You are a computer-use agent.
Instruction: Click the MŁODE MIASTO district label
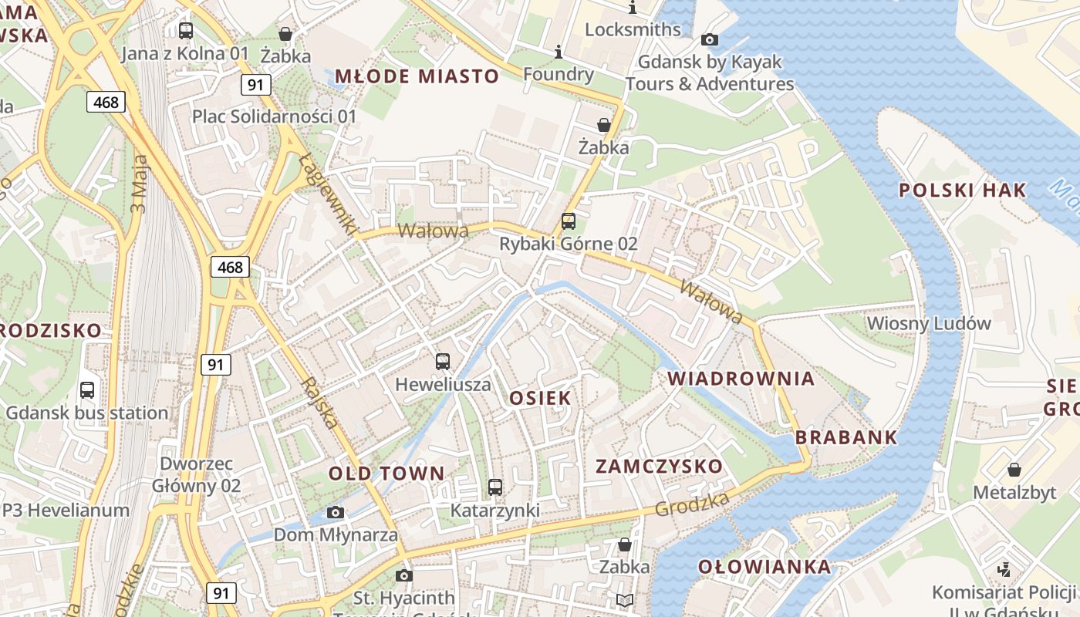tap(417, 76)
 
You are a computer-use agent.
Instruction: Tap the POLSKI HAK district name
tap(963, 190)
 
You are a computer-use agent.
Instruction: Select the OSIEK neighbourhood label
tap(540, 398)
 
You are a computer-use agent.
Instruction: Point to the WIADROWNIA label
tap(741, 379)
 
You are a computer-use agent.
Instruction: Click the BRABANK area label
tap(846, 437)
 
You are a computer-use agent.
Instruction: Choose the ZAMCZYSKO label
tap(659, 467)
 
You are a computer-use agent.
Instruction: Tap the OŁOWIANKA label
tap(764, 567)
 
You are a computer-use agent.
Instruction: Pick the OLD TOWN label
tap(386, 474)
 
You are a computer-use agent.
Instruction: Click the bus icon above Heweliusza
tap(443, 361)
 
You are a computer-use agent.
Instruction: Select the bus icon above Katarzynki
tap(495, 487)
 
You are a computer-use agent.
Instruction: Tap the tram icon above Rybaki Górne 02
tap(569, 221)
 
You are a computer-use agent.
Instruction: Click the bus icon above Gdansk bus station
tap(87, 390)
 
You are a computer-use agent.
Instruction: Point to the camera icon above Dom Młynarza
tap(336, 512)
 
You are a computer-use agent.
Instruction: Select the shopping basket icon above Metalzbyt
tap(1014, 470)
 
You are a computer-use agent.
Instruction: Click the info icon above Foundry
tap(559, 52)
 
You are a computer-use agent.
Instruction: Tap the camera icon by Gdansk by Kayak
tap(710, 39)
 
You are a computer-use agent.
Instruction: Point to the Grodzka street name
tap(692, 504)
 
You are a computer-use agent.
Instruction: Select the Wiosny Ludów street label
tap(929, 323)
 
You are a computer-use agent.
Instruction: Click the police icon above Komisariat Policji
tap(1004, 570)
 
